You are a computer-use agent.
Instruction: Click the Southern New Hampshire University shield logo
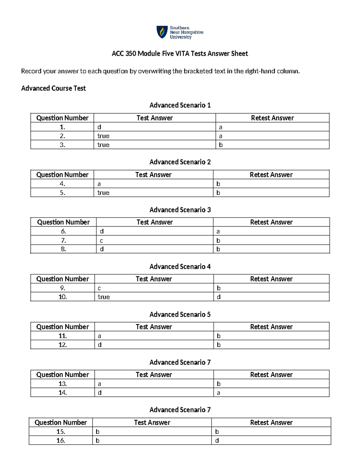pos(162,32)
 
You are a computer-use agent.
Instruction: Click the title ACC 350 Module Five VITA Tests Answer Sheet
pos(180,54)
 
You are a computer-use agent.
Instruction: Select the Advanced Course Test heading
pos(53,88)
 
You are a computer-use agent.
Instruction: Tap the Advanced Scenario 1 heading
pos(180,105)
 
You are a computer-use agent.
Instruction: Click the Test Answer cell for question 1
pos(99,127)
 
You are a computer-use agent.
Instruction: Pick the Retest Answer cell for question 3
pos(221,145)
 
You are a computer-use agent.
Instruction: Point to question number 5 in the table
pos(62,193)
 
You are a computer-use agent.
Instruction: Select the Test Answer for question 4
pos(99,184)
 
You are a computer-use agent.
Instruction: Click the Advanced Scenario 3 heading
pos(180,210)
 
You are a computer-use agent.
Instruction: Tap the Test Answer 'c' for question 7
pos(101,241)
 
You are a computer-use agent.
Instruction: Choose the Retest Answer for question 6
pos(218,231)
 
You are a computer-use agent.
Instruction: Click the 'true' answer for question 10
pos(104,297)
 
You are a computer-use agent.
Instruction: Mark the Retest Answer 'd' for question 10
pos(219,297)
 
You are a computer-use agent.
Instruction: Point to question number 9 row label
pos(62,288)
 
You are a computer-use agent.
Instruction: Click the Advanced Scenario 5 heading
pos(180,314)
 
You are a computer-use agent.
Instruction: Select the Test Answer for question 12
pos(100,345)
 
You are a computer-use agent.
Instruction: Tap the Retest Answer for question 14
pos(218,393)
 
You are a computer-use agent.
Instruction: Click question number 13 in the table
pos(62,384)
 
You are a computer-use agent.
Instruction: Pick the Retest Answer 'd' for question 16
pos(217,440)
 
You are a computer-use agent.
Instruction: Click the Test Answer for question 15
pos(97,432)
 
